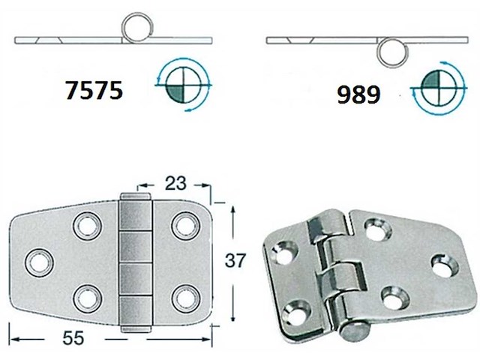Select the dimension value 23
(x=175, y=182)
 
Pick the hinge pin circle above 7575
(x=137, y=28)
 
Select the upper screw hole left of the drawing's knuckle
(x=85, y=224)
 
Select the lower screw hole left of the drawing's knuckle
(x=85, y=297)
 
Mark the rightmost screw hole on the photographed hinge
(x=442, y=265)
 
